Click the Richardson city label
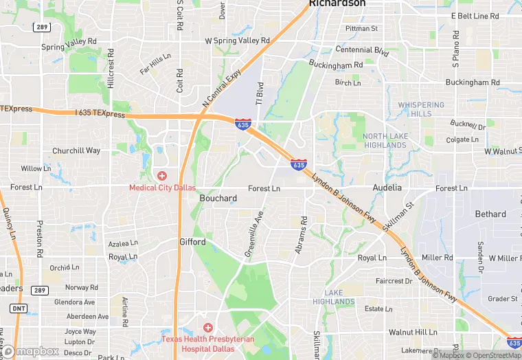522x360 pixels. click(337, 3)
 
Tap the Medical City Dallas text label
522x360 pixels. click(162, 188)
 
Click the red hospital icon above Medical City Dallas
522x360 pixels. click(162, 176)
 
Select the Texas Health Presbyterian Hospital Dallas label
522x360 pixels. click(207, 343)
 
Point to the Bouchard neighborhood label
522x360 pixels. click(218, 199)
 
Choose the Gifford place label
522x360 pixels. click(192, 242)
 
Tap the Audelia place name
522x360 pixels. click(387, 187)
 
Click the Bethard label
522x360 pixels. click(490, 214)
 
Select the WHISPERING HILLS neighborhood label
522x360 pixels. click(421, 109)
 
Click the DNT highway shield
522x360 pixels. click(19, 308)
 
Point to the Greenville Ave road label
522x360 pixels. click(254, 234)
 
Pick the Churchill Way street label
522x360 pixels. click(76, 151)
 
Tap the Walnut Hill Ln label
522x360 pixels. click(413, 332)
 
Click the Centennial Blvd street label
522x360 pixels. click(362, 50)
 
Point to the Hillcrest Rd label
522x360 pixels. click(111, 72)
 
